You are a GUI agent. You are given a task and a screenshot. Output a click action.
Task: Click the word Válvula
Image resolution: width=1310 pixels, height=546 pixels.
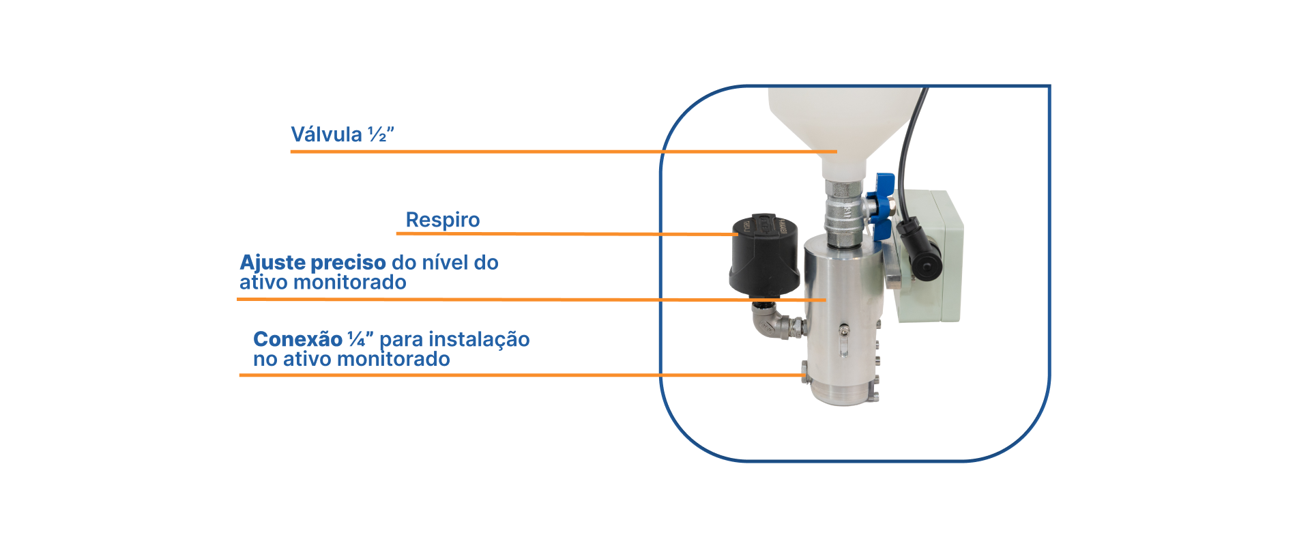tap(326, 134)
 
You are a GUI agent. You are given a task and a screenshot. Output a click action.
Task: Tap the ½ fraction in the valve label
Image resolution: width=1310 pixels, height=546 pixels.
tap(377, 134)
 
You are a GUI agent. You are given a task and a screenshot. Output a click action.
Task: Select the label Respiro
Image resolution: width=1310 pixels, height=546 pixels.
tap(443, 220)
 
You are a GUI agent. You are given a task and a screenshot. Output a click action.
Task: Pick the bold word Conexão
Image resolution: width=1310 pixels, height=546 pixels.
tap(297, 339)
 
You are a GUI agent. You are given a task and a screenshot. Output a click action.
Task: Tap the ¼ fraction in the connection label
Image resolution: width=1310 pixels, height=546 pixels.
tap(357, 339)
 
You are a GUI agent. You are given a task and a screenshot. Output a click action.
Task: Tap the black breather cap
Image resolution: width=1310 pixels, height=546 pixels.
tap(764, 255)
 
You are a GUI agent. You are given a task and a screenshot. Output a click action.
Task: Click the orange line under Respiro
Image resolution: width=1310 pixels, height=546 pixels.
tap(566, 234)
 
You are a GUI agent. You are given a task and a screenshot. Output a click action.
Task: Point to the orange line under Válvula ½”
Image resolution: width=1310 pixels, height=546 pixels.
tap(564, 152)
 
